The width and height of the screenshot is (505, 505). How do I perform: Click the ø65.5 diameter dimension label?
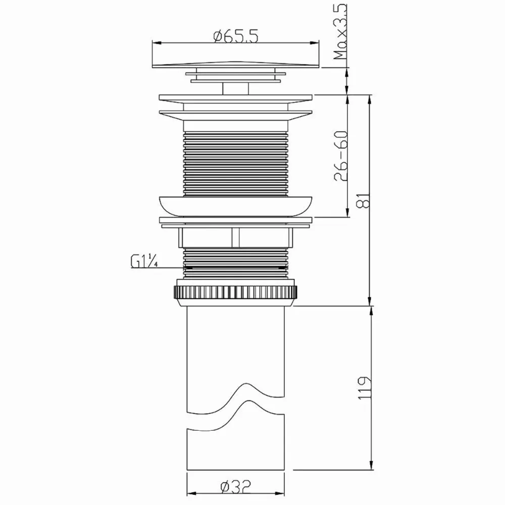point(236,36)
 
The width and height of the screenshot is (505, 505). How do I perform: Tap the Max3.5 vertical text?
point(340,31)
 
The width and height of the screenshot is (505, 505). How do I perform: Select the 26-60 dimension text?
point(341,156)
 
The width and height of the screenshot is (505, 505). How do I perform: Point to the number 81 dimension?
point(364,200)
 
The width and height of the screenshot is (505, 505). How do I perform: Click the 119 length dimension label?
point(365,388)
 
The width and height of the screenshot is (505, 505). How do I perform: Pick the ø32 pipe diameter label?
point(236,486)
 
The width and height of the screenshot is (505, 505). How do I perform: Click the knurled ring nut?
point(235,292)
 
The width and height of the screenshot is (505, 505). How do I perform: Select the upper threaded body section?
point(235,164)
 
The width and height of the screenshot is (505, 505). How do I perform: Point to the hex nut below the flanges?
point(235,238)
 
